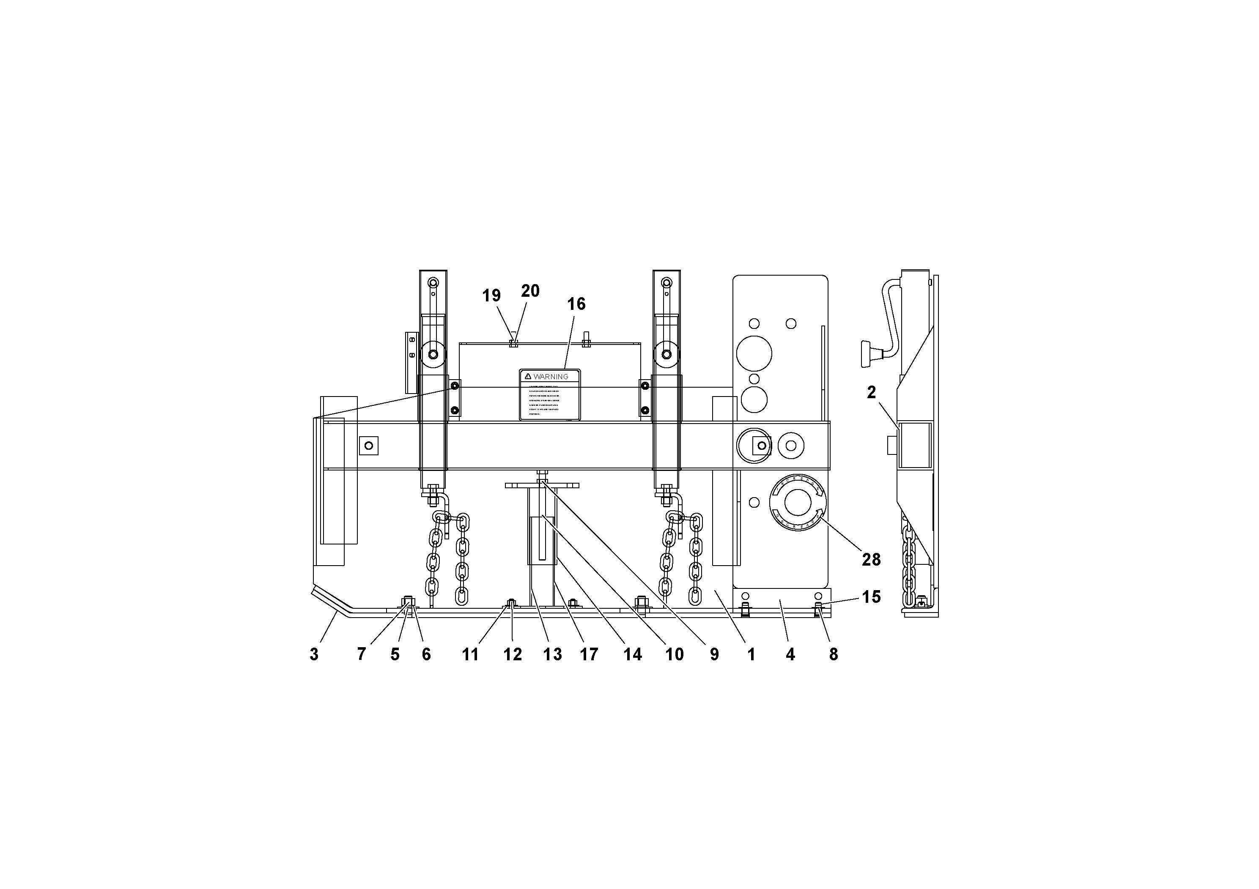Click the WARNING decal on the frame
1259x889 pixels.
549,395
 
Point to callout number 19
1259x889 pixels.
491,296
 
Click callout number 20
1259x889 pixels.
530,291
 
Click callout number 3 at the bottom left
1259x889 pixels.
314,654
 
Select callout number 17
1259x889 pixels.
589,654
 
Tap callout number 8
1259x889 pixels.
834,654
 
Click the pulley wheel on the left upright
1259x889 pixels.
433,354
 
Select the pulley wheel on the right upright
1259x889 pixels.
666,354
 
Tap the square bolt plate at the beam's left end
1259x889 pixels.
368,446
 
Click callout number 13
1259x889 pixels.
553,654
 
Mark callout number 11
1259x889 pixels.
470,654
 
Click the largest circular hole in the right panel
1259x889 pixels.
754,353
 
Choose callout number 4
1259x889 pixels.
790,654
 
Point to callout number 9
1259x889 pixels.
714,654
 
